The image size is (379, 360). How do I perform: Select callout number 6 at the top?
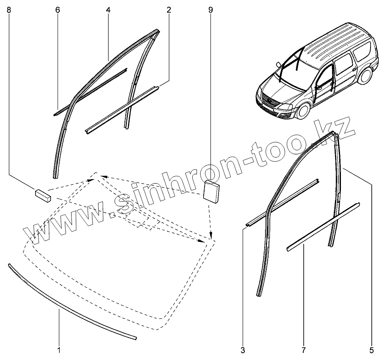tap(58, 9)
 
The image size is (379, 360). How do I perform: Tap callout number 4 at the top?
tap(108, 9)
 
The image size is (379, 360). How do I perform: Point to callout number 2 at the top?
tap(169, 9)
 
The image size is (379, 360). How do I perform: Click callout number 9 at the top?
tap(210, 9)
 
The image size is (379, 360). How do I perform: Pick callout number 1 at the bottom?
tap(59, 350)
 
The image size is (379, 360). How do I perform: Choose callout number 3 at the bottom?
tap(243, 350)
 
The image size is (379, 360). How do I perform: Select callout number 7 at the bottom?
tap(304, 350)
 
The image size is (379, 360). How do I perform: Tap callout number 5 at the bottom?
tap(371, 350)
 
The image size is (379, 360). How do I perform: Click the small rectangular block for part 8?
tap(42, 194)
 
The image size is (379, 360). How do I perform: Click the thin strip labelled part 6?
tap(91, 91)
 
